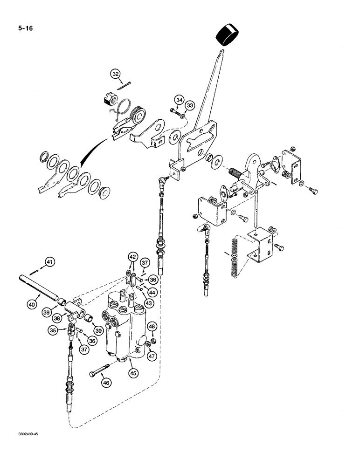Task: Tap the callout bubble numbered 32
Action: point(116,73)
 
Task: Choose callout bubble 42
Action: point(133,257)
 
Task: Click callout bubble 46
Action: point(107,383)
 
